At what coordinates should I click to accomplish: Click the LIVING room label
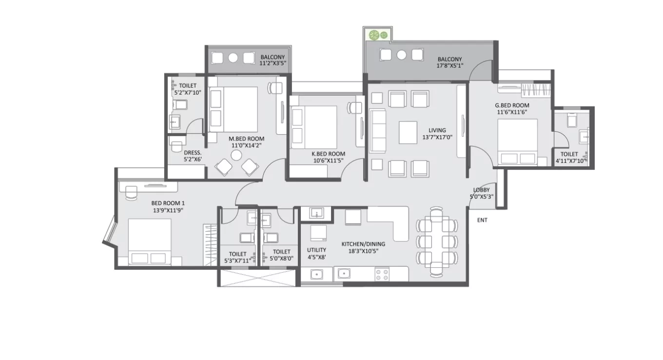tap(437, 130)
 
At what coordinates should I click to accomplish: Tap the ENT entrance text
tap(482, 220)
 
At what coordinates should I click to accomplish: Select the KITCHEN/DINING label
tap(363, 244)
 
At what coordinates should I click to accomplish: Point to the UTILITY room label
tap(316, 250)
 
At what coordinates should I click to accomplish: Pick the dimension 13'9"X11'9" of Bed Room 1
tap(167, 210)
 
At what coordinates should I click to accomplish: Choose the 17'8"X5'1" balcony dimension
tap(449, 66)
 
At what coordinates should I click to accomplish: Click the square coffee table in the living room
tap(408, 132)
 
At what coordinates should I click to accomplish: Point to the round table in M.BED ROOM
tap(236, 155)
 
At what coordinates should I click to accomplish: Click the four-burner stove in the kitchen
tap(382, 275)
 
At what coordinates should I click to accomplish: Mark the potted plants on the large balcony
tap(378, 35)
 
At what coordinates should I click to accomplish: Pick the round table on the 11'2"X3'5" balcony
tap(233, 58)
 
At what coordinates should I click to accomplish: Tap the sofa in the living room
tap(377, 131)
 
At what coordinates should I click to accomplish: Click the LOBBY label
tap(481, 190)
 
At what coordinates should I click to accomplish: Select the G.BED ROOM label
tap(512, 105)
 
